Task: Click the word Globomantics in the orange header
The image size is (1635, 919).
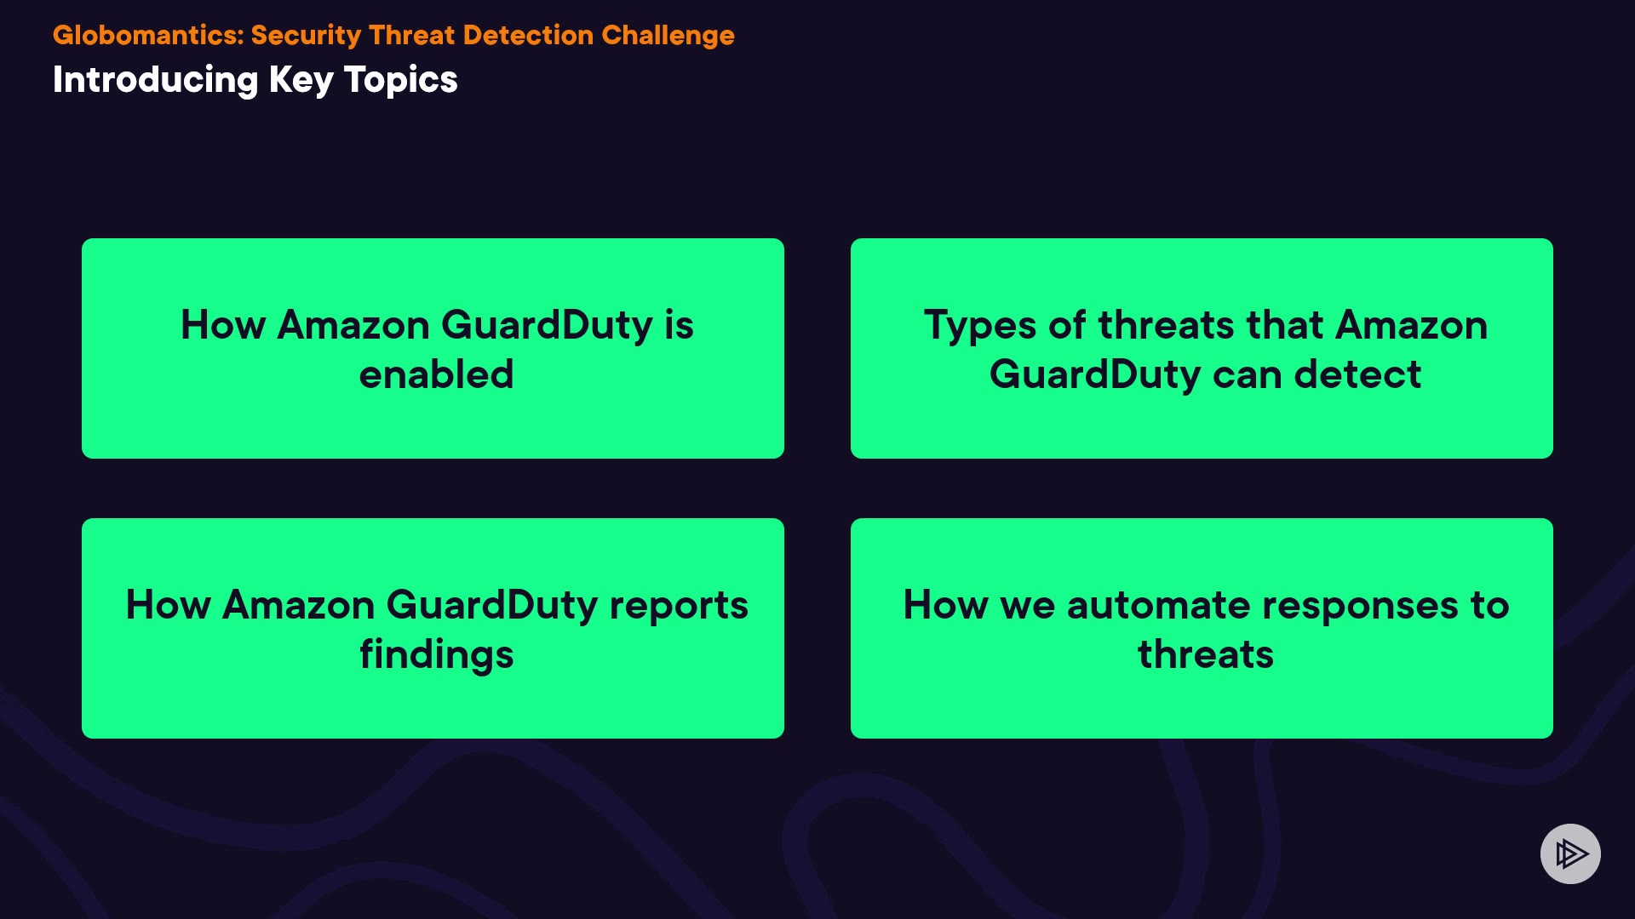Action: click(148, 35)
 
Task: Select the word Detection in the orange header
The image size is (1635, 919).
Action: click(528, 35)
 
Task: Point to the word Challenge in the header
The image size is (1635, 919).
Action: click(668, 36)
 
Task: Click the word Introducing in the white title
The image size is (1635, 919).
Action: click(155, 81)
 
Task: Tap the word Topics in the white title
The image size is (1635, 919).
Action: click(400, 81)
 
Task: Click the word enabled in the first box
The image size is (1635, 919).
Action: click(436, 374)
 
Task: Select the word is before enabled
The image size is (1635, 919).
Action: click(679, 325)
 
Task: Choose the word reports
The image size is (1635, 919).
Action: click(679, 607)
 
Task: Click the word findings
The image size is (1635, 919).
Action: click(436, 655)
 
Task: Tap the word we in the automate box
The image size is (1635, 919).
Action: click(1028, 608)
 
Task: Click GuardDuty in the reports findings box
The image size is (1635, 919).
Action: click(492, 607)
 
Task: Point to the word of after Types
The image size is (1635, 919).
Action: click(1067, 325)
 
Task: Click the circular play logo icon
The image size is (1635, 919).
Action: click(1570, 853)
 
